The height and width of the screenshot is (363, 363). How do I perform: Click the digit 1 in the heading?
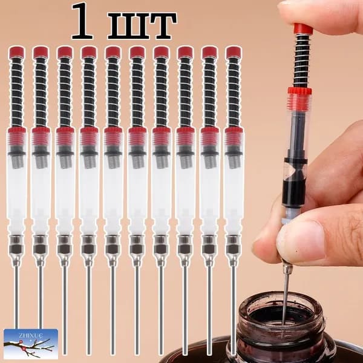tap(82, 21)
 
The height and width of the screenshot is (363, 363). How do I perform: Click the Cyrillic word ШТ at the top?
tap(142, 25)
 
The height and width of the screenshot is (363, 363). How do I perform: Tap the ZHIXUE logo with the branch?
tap(31, 344)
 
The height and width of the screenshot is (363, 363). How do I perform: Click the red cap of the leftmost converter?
tap(17, 52)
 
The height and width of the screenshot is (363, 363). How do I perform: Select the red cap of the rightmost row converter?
tap(234, 52)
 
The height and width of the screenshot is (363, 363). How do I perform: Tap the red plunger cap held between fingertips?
tap(303, 29)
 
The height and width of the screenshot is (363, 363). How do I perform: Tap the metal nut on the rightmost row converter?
tap(234, 244)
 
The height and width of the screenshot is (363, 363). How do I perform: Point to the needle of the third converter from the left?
tap(65, 310)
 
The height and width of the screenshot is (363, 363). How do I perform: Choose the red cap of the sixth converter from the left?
tap(137, 52)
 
